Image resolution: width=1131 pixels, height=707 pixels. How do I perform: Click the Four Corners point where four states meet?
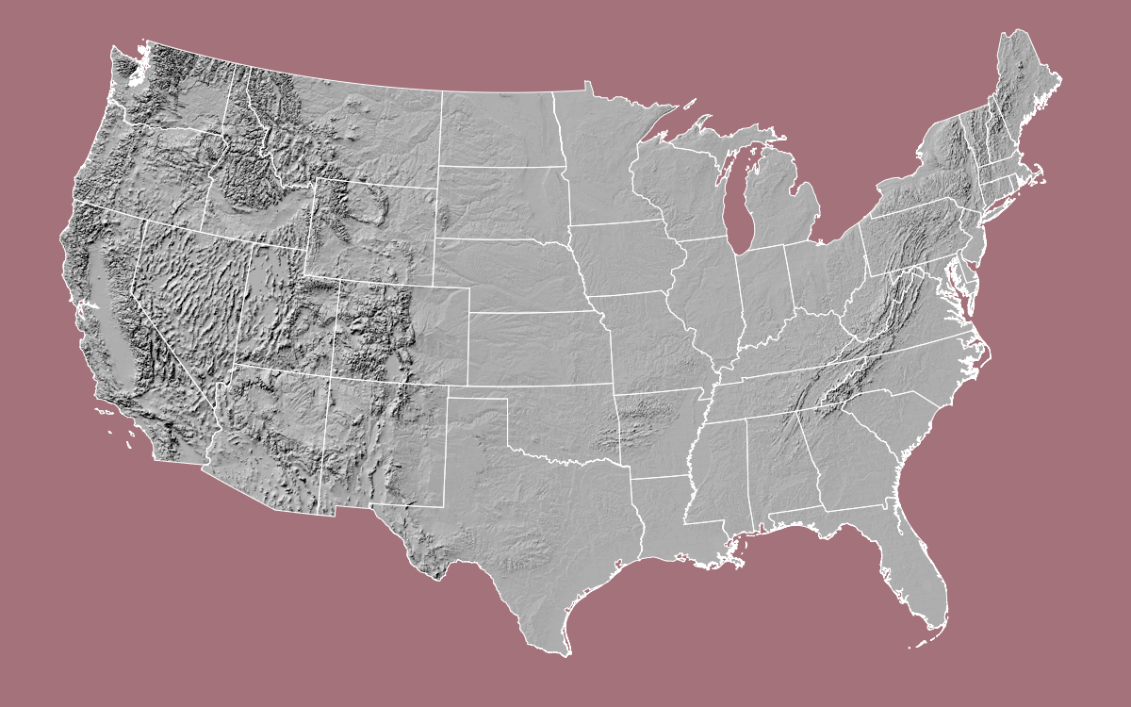[x=332, y=378]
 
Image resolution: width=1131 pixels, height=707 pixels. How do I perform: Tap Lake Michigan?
[x=736, y=203]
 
